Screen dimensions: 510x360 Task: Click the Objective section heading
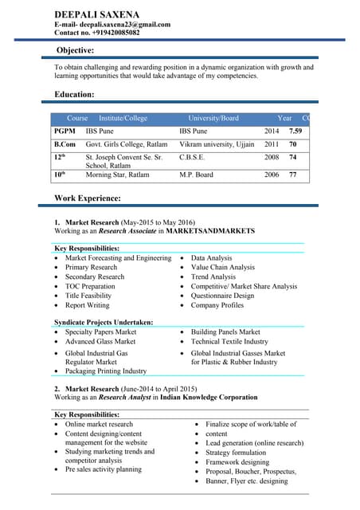pos(76,50)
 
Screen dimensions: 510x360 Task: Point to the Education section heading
pos(74,95)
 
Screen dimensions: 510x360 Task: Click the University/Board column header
pos(208,118)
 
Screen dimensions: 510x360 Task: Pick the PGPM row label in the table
pos(65,131)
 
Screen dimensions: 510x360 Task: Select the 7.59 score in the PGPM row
pos(295,131)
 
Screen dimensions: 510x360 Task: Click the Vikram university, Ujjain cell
pos(217,144)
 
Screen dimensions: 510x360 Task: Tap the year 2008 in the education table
pos(272,158)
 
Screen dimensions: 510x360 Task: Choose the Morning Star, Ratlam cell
pos(117,175)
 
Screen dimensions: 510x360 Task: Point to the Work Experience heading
pos(88,198)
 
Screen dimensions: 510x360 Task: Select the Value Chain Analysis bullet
pos(223,268)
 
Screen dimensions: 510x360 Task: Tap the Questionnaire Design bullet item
pos(222,296)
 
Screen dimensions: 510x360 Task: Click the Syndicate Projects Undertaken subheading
pos(104,323)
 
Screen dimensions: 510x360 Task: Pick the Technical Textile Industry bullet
pos(229,341)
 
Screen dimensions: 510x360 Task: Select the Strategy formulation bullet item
pos(236,453)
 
